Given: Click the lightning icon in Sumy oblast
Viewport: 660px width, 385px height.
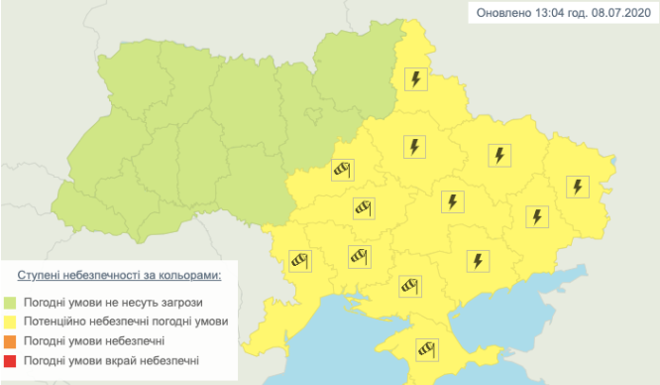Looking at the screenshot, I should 416,78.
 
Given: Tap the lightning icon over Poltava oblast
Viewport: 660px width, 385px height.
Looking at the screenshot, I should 413,147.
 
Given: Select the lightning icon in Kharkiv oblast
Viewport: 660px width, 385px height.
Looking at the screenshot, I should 500,155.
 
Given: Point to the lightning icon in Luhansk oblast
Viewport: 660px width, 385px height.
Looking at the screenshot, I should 578,186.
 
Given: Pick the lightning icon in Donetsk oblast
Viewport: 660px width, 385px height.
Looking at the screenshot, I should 536,216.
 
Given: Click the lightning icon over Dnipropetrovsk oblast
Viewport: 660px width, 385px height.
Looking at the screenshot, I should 452,201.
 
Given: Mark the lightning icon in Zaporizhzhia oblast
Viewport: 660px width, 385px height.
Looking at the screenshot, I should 479,260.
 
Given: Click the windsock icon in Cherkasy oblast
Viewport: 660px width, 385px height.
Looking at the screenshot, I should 343,171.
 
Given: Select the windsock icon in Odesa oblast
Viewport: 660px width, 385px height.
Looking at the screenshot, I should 300,260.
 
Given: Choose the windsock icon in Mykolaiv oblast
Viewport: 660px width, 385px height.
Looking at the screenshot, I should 359,257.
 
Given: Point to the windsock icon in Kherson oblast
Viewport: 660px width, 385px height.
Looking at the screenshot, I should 411,287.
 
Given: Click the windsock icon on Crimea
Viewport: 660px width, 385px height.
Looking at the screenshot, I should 427,348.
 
